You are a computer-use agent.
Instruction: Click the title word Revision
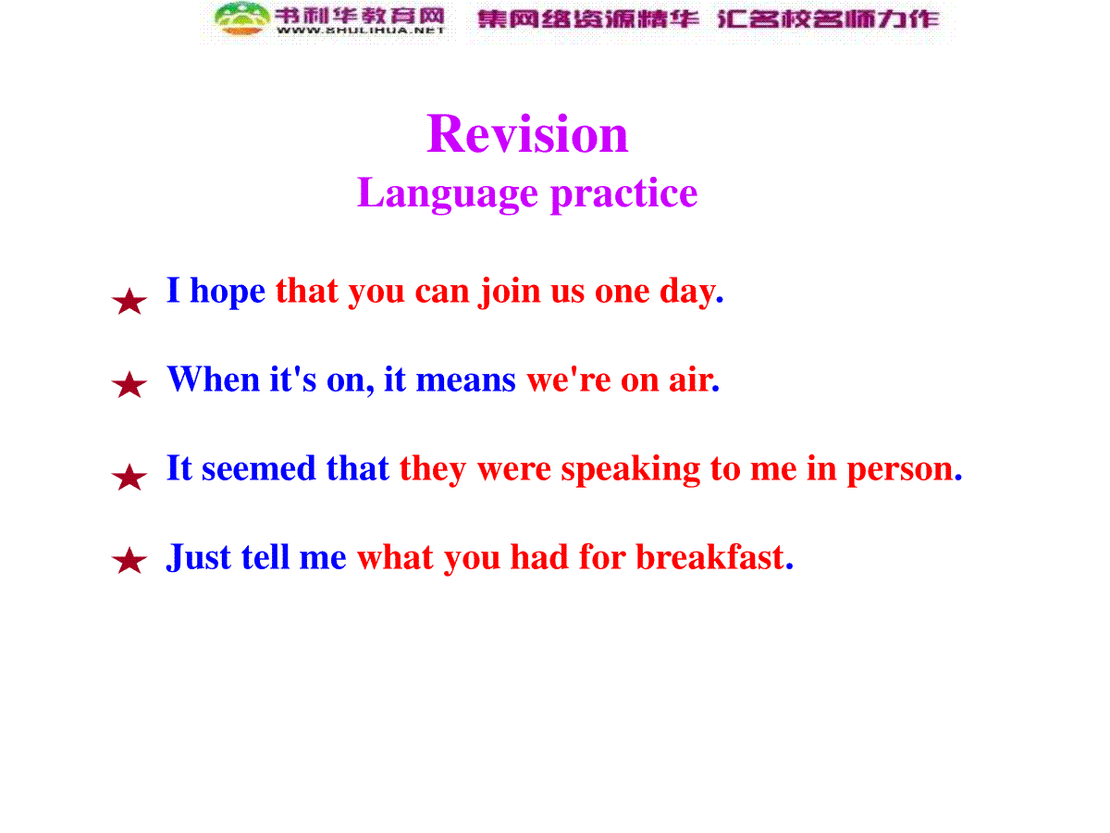[527, 133]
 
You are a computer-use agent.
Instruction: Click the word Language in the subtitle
[447, 194]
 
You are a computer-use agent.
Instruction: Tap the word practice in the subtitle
[624, 194]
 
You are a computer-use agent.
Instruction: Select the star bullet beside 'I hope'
[129, 301]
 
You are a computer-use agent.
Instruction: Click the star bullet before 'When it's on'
[129, 384]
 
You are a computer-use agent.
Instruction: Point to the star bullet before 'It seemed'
[129, 477]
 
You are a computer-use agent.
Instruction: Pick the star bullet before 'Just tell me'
[129, 560]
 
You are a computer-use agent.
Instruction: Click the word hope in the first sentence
[228, 292]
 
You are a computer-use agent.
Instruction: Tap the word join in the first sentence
[510, 292]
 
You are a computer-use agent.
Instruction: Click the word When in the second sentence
[214, 379]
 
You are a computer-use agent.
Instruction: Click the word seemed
[258, 468]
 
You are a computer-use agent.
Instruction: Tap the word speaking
[631, 470]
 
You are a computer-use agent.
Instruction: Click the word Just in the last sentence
[199, 558]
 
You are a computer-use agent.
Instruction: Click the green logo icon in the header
[242, 19]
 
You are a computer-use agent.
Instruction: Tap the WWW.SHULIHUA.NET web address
[361, 31]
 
